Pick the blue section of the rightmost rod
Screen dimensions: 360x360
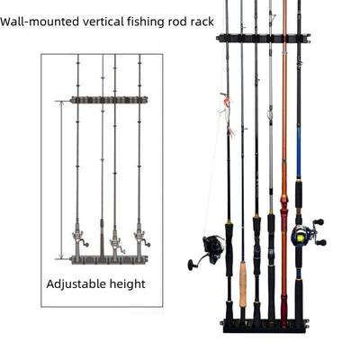pyautogui.click(x=298, y=135)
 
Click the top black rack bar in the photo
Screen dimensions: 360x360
pyautogui.click(x=263, y=39)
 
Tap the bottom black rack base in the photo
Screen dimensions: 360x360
pyautogui.click(x=265, y=322)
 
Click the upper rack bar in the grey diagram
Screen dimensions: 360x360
pyautogui.click(x=108, y=100)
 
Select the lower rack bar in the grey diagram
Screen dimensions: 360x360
pyautogui.click(x=108, y=259)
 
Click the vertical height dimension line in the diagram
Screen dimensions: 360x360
pyautogui.click(x=61, y=180)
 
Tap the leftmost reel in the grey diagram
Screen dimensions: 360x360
pyautogui.click(x=79, y=239)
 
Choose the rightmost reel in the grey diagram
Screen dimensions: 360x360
pyautogui.click(x=141, y=239)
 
